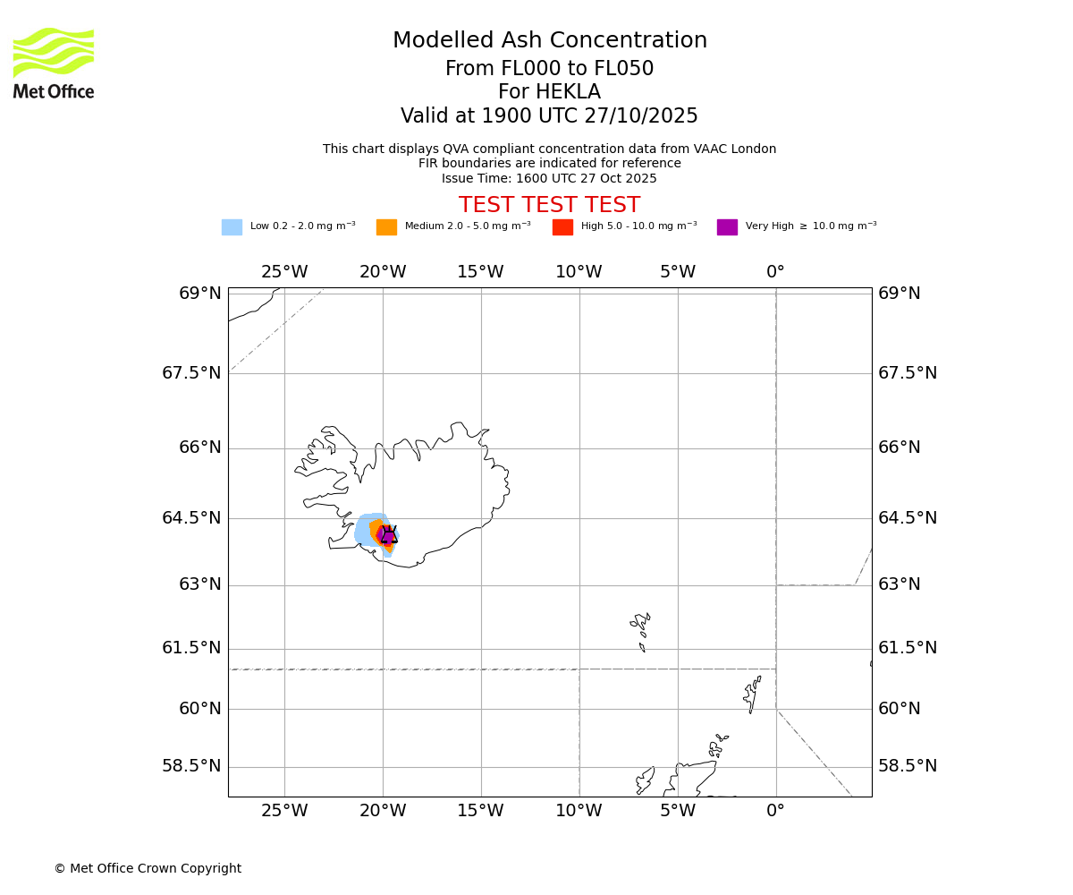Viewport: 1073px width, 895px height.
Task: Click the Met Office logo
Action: pyautogui.click(x=54, y=63)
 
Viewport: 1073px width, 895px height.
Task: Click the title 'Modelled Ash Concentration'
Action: pyautogui.click(x=549, y=41)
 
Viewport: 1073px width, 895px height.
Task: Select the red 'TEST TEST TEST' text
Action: pyautogui.click(x=549, y=206)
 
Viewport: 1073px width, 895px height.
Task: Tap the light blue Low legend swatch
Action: pyautogui.click(x=232, y=227)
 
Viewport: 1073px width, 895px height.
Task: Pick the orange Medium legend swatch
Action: pyautogui.click(x=386, y=227)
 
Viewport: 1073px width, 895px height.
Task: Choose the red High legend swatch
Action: pyautogui.click(x=562, y=227)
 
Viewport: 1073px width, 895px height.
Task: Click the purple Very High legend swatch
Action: pyautogui.click(x=727, y=227)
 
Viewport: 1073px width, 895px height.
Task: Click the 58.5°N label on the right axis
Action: pyautogui.click(x=907, y=766)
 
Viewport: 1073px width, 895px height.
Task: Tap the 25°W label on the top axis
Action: pyautogui.click(x=284, y=272)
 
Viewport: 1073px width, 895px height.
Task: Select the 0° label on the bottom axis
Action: pyautogui.click(x=775, y=811)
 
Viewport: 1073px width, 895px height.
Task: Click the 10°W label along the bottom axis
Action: pyautogui.click(x=579, y=811)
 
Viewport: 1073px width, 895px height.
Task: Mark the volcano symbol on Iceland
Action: pyautogui.click(x=388, y=535)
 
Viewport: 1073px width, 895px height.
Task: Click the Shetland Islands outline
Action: pyautogui.click(x=752, y=694)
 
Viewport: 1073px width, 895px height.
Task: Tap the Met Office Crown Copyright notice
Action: pyautogui.click(x=148, y=869)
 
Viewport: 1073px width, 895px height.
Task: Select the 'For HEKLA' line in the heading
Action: pyautogui.click(x=549, y=92)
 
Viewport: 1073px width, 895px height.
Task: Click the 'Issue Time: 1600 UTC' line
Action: pyautogui.click(x=549, y=179)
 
